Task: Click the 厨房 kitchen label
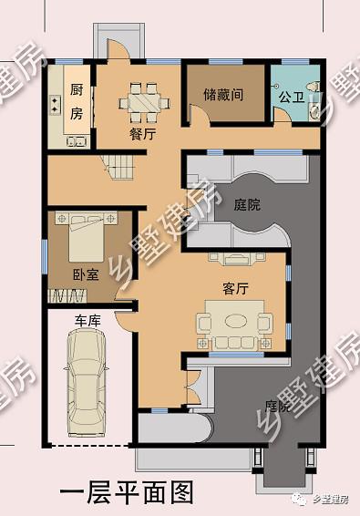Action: point(77,101)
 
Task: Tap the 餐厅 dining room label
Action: point(142,133)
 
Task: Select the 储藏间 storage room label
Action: point(222,94)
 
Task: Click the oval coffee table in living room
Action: point(233,321)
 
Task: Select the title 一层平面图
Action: point(127,492)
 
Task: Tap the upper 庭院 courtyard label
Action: point(246,205)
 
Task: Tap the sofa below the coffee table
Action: point(233,341)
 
